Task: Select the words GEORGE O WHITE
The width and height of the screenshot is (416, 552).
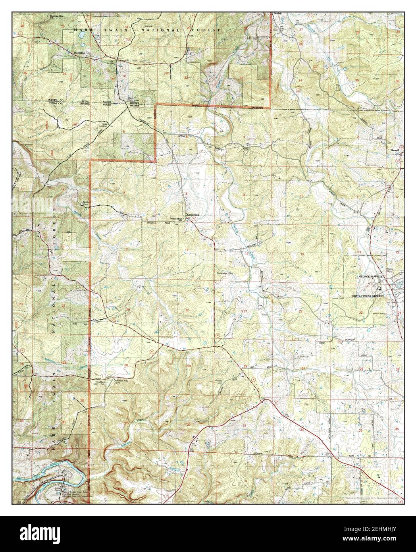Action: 370,276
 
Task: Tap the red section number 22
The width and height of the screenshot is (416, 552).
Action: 300,311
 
